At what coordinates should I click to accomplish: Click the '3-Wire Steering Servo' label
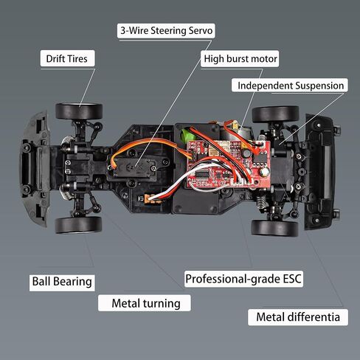click(166, 31)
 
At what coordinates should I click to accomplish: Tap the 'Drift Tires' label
click(67, 58)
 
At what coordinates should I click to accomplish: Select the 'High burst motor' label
click(240, 59)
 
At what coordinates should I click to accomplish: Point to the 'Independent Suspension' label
click(290, 86)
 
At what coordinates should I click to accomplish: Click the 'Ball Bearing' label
click(62, 282)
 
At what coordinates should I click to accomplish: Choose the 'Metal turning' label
click(145, 303)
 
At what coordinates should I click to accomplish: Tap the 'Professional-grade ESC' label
click(243, 279)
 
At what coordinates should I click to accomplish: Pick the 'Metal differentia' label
click(298, 317)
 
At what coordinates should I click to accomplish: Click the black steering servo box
click(136, 167)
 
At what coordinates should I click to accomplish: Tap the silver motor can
click(234, 135)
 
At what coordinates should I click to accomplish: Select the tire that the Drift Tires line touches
click(79, 111)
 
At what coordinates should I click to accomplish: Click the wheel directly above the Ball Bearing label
click(78, 225)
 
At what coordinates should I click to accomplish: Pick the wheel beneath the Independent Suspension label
click(276, 114)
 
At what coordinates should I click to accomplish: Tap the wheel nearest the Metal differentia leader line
click(274, 228)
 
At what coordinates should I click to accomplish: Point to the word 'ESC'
click(292, 279)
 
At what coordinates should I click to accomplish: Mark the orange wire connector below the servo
click(150, 198)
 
